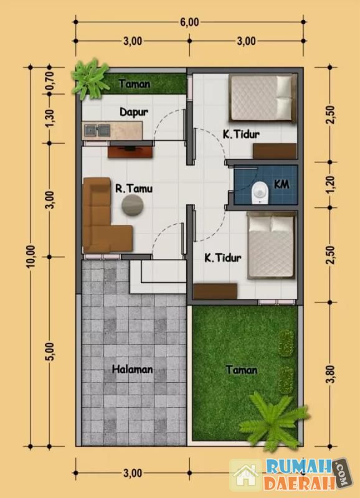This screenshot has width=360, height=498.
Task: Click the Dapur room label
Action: click(134, 112)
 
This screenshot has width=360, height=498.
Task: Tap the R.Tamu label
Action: click(134, 189)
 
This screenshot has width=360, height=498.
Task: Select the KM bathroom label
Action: click(282, 184)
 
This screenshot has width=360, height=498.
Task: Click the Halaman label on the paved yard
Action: click(133, 369)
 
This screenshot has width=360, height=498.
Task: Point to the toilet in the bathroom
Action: click(260, 193)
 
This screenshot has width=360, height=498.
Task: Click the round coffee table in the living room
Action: click(132, 205)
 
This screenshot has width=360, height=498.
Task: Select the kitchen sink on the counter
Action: click(97, 130)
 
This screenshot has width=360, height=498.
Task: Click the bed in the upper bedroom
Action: click(262, 98)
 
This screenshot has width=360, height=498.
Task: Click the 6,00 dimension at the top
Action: click(189, 22)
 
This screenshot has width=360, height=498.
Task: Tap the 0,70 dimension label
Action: click(50, 80)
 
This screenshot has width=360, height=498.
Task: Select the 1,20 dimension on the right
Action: click(331, 184)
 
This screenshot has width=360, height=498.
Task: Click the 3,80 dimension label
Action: click(331, 374)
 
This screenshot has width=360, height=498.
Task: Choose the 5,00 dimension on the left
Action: click(51, 352)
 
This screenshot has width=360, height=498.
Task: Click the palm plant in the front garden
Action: click(273, 420)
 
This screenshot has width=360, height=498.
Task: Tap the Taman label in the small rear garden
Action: click(135, 84)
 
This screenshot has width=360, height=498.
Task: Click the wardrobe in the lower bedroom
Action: click(215, 291)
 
